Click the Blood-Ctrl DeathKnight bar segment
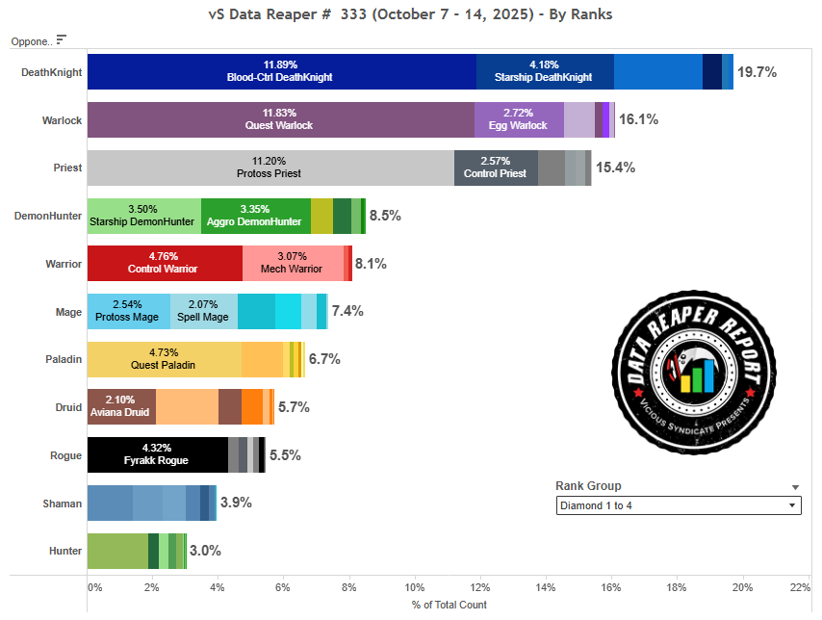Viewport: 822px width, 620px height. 281,72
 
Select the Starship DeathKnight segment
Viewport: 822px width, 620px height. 544,72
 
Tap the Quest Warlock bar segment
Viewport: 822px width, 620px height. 280,120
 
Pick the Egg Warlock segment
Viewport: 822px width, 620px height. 519,120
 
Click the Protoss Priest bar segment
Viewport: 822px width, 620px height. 270,168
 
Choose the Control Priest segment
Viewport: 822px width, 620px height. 496,168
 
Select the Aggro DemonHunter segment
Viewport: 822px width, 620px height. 255,216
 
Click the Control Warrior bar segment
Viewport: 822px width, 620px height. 165,263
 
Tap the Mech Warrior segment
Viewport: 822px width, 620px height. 293,263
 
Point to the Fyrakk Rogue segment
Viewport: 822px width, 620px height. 157,454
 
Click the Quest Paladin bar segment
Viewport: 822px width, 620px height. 164,359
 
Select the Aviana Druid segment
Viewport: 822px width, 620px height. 121,406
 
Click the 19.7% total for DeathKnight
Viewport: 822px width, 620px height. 757,72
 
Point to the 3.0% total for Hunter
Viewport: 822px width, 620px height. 205,551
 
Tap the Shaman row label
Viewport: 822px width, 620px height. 62,504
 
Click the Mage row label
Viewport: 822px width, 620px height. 68,312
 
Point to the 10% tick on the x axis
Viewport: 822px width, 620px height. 415,586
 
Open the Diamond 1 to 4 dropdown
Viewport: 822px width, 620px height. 679,505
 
